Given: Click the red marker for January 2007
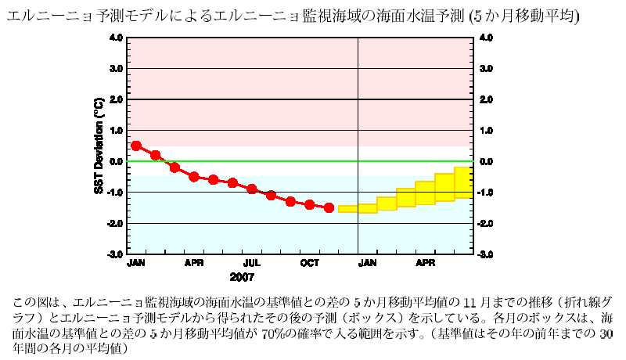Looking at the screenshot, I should pyautogui.click(x=136, y=146).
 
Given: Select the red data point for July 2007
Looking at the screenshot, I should pyautogui.click(x=252, y=189).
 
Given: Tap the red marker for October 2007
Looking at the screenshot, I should pyautogui.click(x=310, y=204).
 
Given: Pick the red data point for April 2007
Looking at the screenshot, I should pyautogui.click(x=194, y=177).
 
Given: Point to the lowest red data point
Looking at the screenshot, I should pyautogui.click(x=329, y=207).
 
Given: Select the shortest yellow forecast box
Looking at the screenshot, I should pyautogui.click(x=347, y=208).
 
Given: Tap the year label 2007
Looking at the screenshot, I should pyautogui.click(x=242, y=277).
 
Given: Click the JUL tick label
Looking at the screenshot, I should pyautogui.click(x=252, y=263).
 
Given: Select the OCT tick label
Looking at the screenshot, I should pyautogui.click(x=310, y=263).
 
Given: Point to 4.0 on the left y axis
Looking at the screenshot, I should pyautogui.click(x=115, y=38).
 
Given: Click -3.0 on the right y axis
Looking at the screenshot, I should pyautogui.click(x=485, y=254).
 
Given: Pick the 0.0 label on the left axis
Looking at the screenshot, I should pyautogui.click(x=115, y=161).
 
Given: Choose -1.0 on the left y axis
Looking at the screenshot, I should pyautogui.click(x=114, y=193).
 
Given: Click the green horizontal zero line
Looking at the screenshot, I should pyautogui.click(x=235, y=161).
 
